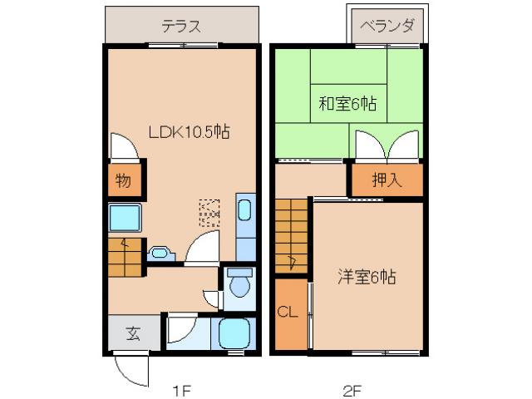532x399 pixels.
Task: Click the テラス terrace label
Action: tap(180, 26)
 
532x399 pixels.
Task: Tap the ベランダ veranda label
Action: tap(387, 26)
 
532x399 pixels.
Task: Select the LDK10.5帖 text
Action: tap(189, 131)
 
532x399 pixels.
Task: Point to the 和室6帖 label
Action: tap(347, 104)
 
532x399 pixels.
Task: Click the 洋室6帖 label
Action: tap(366, 276)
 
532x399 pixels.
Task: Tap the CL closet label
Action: tap(288, 313)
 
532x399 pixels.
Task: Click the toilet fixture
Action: tap(239, 283)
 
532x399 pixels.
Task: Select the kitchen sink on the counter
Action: tap(247, 209)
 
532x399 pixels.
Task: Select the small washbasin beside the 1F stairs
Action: tap(160, 252)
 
